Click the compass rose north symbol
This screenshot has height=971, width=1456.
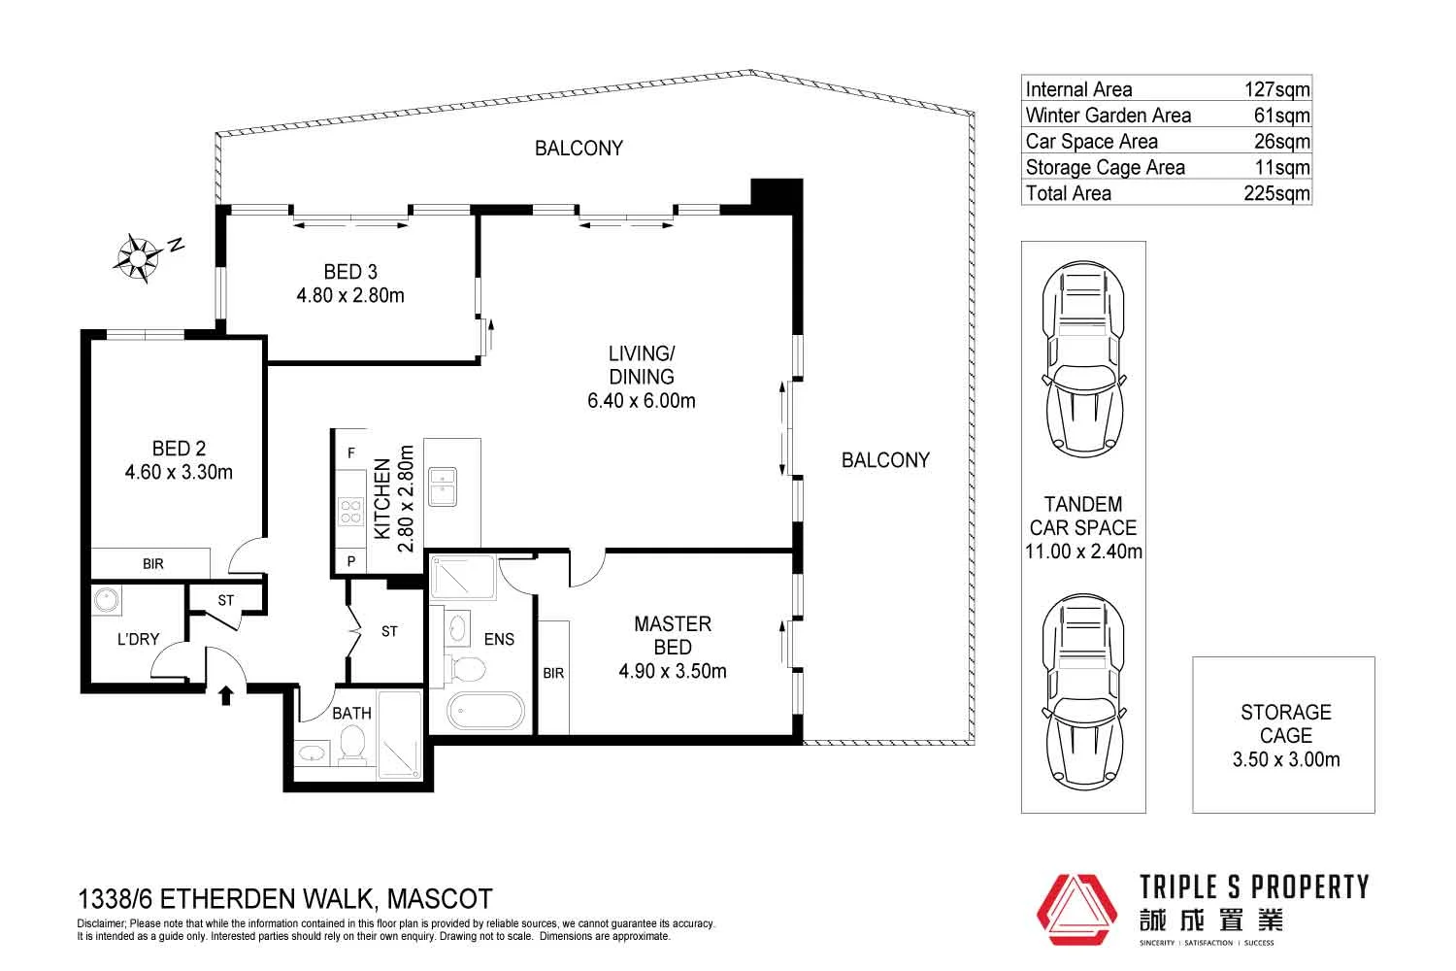[x=139, y=258]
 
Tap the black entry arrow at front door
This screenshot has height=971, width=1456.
[x=226, y=694]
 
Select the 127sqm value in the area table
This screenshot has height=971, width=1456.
[x=1276, y=89]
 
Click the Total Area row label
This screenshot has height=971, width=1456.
[x=1068, y=193]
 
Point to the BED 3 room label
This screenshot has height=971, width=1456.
[x=350, y=272]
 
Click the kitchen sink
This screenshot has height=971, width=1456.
[x=443, y=486]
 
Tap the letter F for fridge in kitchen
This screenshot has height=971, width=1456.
[x=350, y=453]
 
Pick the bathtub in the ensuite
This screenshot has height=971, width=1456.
[x=485, y=712]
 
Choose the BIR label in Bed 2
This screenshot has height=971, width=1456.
[x=153, y=563]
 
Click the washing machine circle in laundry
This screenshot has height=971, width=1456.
[x=105, y=600]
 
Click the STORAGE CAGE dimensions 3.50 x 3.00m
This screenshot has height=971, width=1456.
[x=1285, y=760]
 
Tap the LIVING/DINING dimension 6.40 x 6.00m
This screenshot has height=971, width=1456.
[x=641, y=400]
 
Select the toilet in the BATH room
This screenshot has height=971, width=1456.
[x=351, y=746]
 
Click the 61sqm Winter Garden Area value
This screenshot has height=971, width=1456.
[x=1281, y=116]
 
